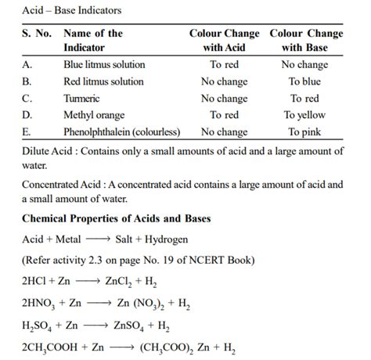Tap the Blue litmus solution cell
103,65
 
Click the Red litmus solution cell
103,81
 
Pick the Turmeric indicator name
81,99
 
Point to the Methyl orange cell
94,115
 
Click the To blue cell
304,81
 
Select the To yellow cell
304,115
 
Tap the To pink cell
304,132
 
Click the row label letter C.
27,99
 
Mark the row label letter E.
27,132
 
